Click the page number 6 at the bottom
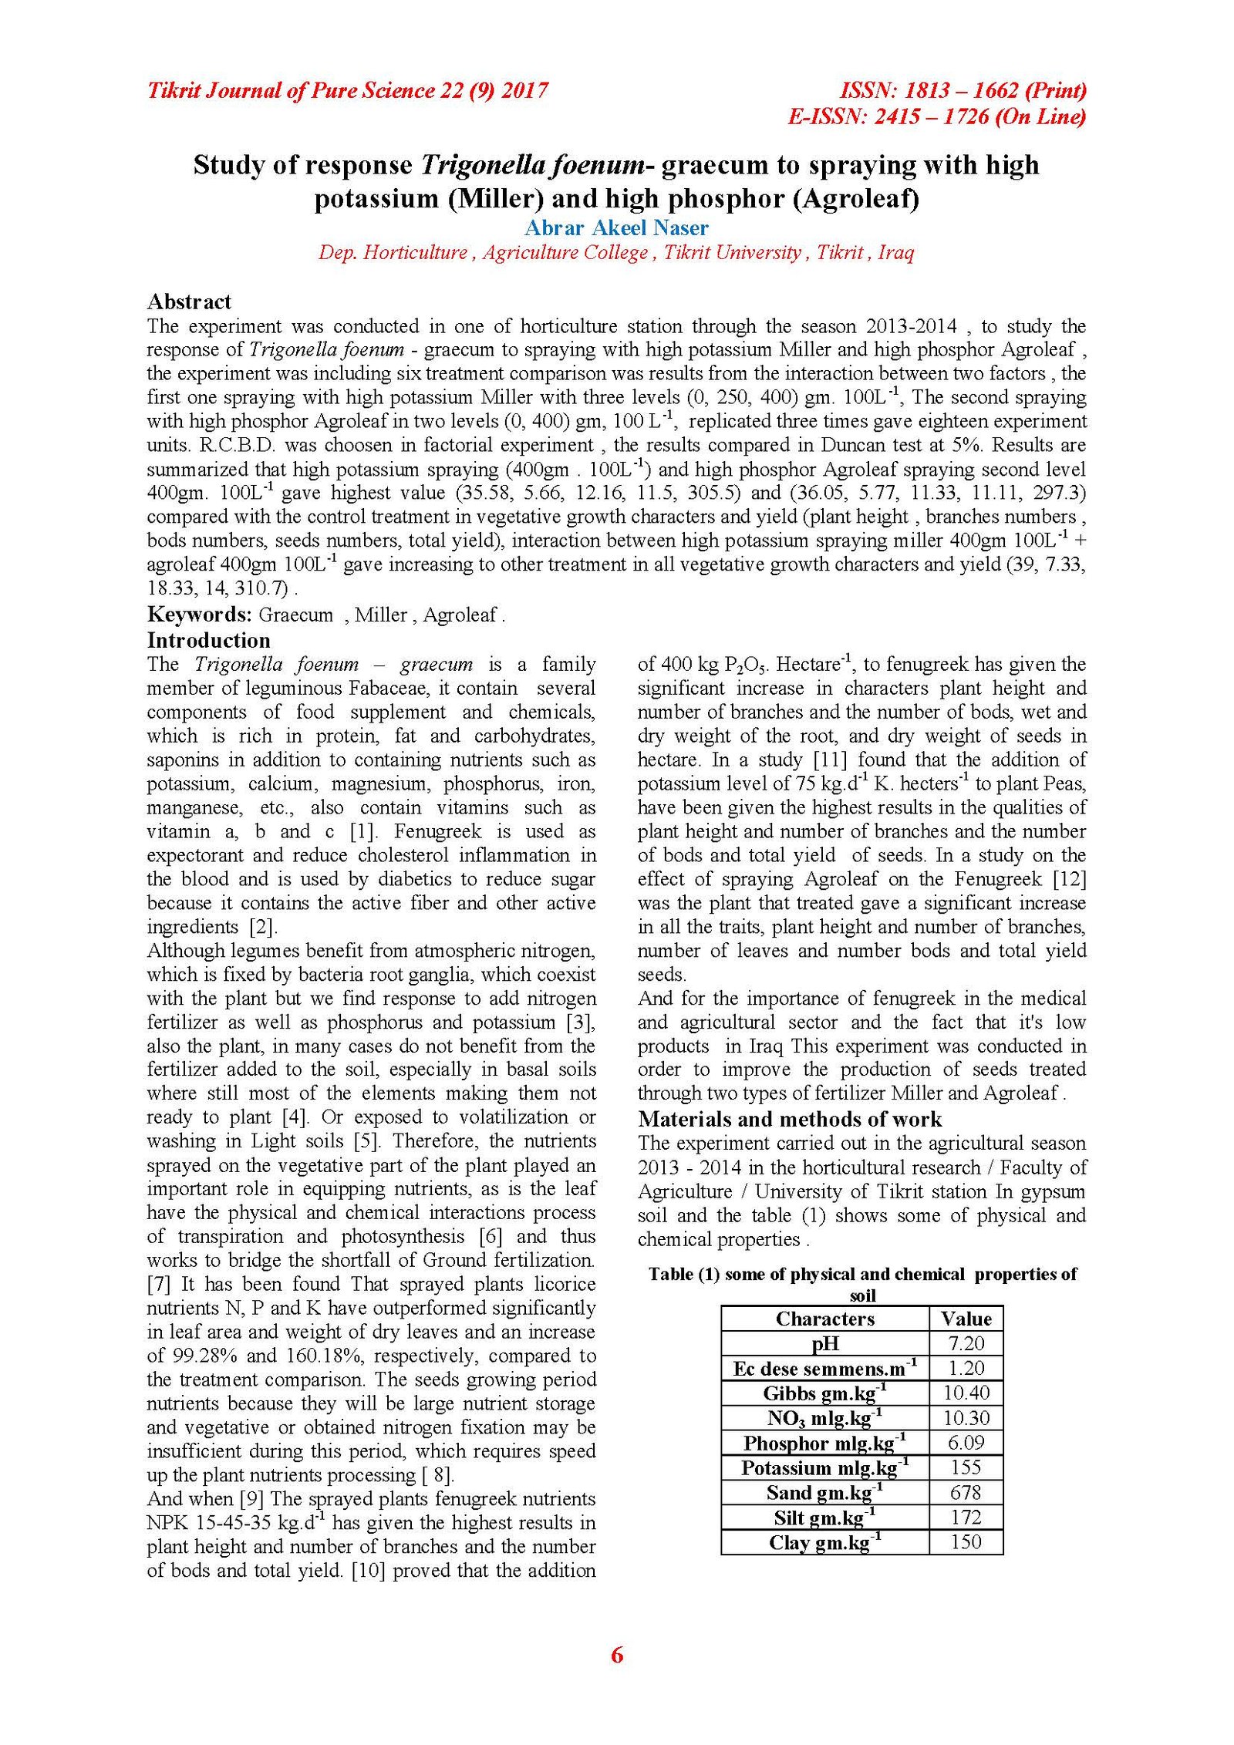[616, 1655]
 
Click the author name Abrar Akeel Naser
[616, 227]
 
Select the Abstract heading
[189, 302]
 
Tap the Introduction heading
[208, 640]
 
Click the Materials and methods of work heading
[790, 1119]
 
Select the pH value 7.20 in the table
[966, 1343]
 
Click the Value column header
[966, 1319]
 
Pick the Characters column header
[824, 1319]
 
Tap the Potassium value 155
[966, 1467]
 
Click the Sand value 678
[966, 1492]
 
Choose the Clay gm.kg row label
[824, 1542]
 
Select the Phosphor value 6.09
[966, 1443]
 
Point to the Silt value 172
[966, 1517]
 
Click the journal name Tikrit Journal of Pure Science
[347, 91]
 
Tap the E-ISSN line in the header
[936, 116]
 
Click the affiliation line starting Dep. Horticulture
[616, 252]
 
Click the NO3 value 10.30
[966, 1418]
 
